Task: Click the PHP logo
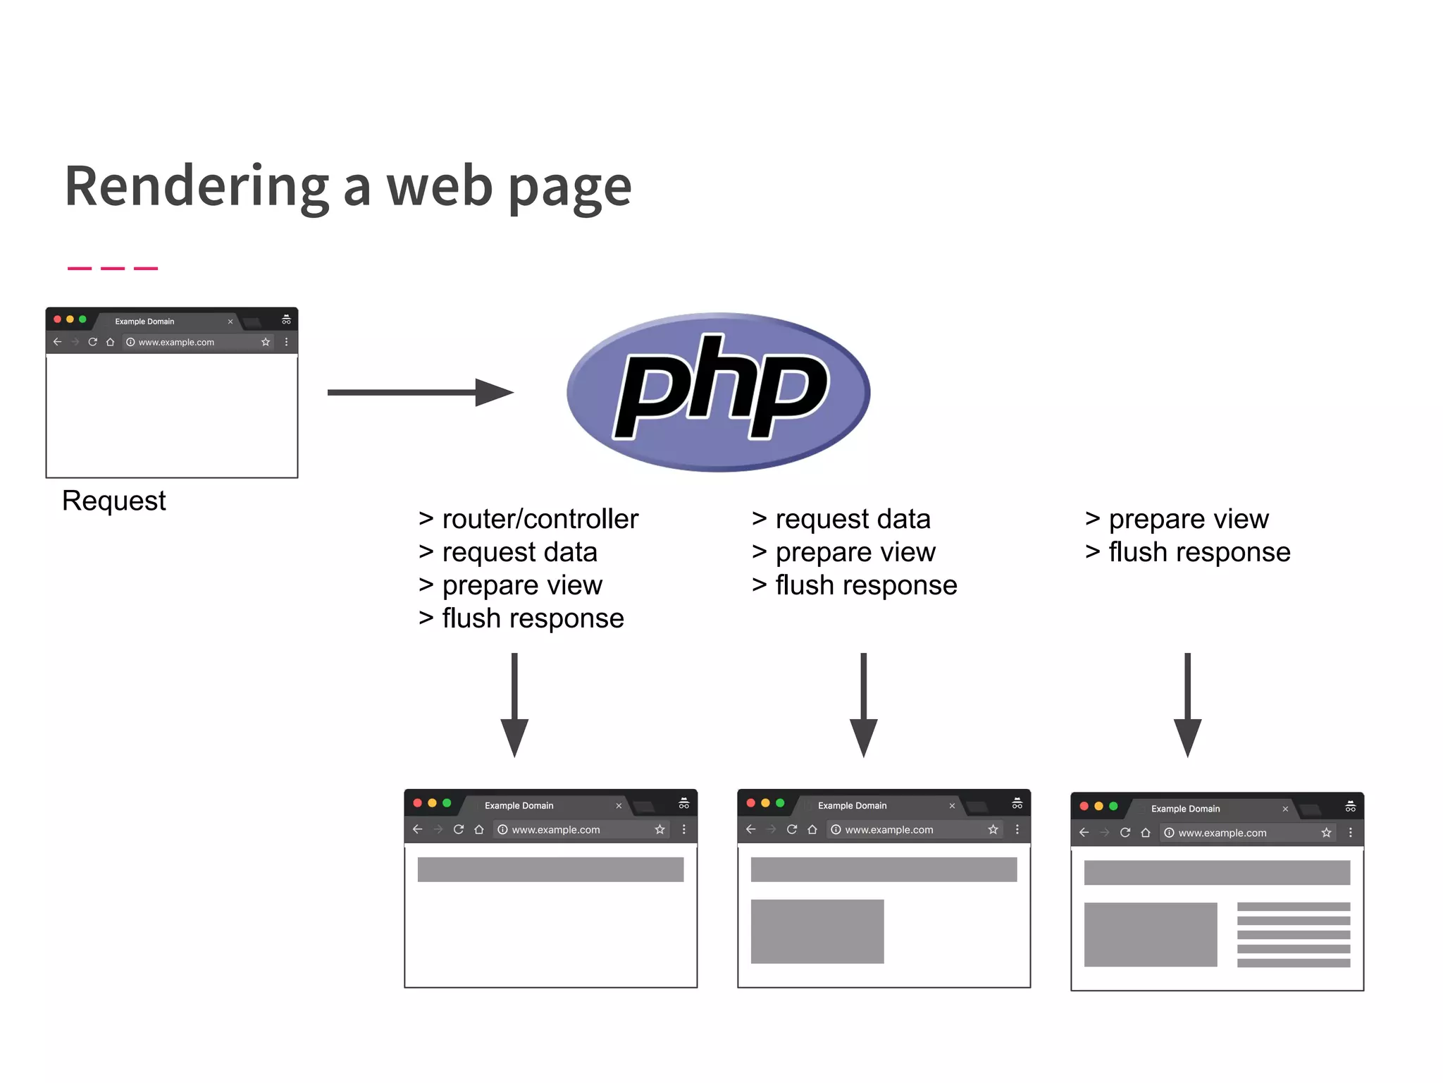point(719,392)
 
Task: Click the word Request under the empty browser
point(114,501)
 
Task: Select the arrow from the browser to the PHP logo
point(420,392)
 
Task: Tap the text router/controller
point(540,519)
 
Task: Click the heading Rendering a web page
point(348,186)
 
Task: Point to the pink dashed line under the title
point(113,268)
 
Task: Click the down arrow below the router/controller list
point(514,705)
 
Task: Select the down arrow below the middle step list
point(863,705)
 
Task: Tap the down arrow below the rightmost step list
point(1187,705)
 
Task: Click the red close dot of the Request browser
point(58,319)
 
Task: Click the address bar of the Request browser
point(190,342)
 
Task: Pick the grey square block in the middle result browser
point(817,931)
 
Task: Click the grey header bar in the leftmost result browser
point(550,869)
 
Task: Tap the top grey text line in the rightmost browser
point(1294,907)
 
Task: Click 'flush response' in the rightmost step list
point(1199,552)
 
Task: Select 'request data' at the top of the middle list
point(853,519)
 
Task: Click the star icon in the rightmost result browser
point(1326,833)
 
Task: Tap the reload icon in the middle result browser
point(792,829)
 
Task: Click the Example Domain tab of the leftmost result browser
point(519,805)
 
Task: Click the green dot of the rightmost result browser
point(1113,806)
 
